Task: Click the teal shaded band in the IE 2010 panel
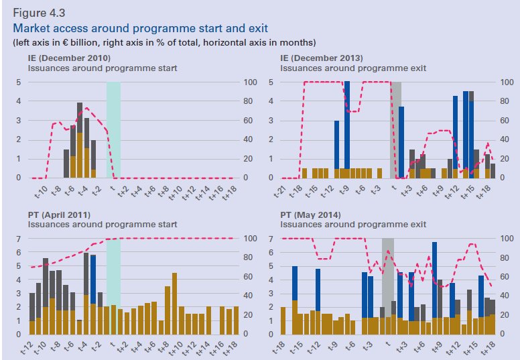click(113, 130)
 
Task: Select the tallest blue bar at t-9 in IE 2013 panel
click(347, 125)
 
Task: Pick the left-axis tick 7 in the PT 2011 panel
click(19, 239)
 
